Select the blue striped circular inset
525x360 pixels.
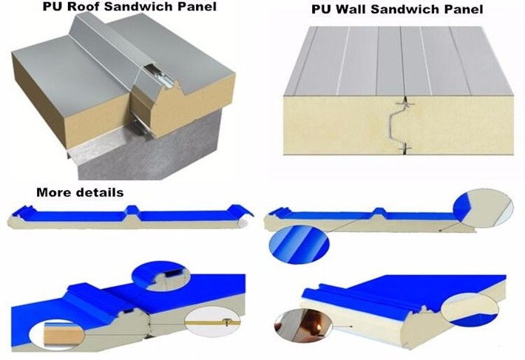pyautogui.click(x=299, y=243)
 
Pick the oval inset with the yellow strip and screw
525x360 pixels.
pyautogui.click(x=212, y=322)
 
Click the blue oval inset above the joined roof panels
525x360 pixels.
pyautogui.click(x=161, y=276)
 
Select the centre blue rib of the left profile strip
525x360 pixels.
pyautogui.click(x=132, y=210)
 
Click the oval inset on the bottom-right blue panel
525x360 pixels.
pyautogui.click(x=470, y=310)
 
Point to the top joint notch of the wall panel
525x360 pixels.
pyautogui.click(x=404, y=102)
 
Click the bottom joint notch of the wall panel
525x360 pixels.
pyautogui.click(x=404, y=149)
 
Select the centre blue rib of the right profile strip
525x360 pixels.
pyautogui.click(x=379, y=212)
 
